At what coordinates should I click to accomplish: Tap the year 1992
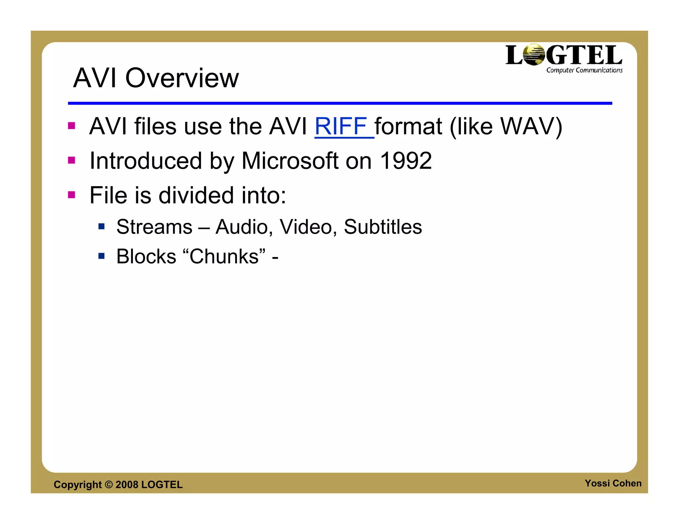click(406, 161)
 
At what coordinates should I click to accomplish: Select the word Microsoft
click(290, 161)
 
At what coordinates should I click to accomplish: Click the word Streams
click(154, 227)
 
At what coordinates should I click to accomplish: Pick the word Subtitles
click(383, 227)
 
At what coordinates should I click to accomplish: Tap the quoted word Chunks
click(224, 256)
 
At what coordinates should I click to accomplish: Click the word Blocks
click(146, 256)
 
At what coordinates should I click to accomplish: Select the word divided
click(196, 195)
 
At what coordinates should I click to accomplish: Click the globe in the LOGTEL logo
click(533, 55)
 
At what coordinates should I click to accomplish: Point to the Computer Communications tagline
click(584, 70)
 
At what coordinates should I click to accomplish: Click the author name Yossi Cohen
click(613, 483)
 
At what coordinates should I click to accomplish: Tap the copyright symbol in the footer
click(109, 485)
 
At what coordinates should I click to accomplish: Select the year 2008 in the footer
click(127, 485)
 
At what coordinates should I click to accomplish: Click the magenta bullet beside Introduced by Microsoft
click(72, 160)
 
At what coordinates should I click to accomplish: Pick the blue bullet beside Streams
click(101, 227)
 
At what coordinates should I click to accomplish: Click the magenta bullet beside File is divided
click(72, 194)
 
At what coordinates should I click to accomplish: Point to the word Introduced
click(146, 161)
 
